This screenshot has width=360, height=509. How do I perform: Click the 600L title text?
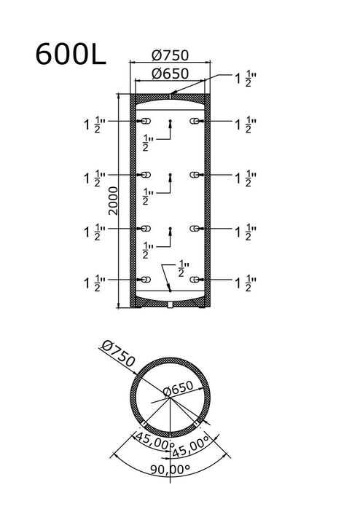[x=71, y=54]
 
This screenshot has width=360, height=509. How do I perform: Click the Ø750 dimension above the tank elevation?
[x=170, y=55]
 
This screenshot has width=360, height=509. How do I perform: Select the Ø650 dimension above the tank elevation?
[x=170, y=74]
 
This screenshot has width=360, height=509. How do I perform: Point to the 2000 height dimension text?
[x=114, y=200]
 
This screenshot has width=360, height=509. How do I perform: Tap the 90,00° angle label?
[x=170, y=469]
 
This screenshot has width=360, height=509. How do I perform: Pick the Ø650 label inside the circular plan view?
[x=178, y=388]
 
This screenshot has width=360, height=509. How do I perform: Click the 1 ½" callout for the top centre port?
[x=246, y=79]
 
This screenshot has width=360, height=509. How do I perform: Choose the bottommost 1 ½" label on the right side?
[x=246, y=283]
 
